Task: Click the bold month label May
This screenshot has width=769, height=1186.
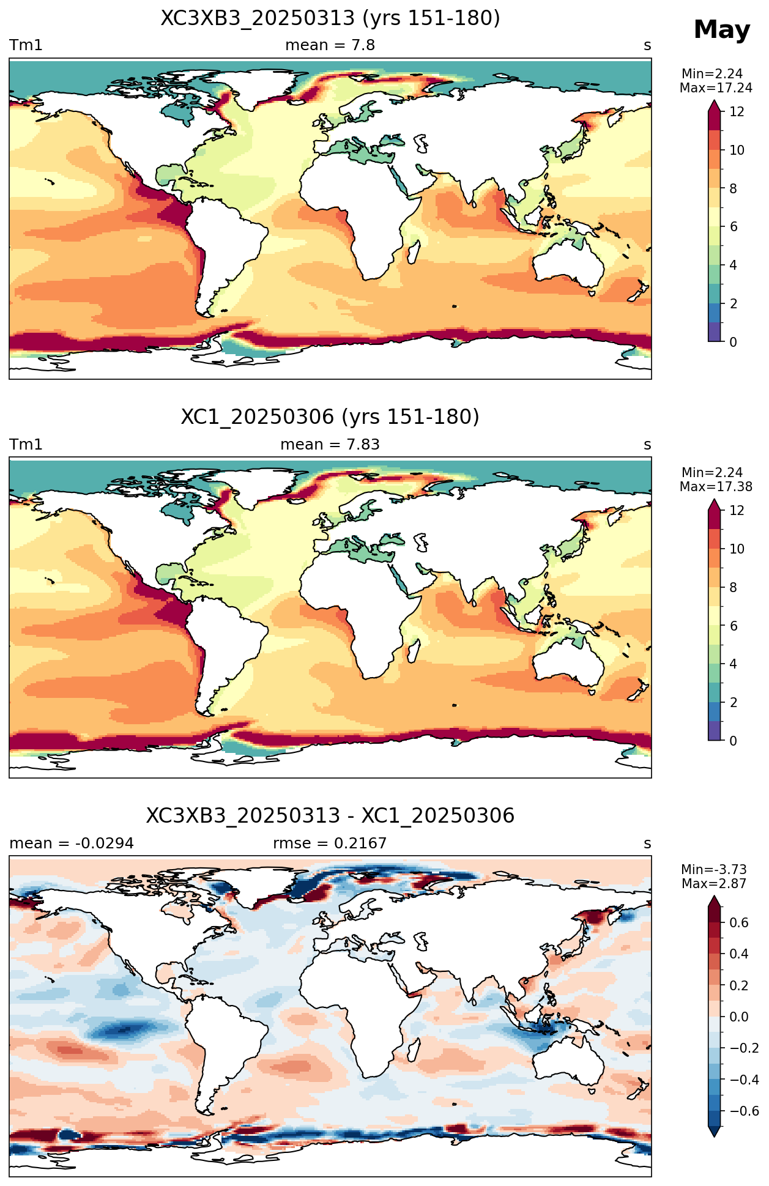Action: click(x=722, y=30)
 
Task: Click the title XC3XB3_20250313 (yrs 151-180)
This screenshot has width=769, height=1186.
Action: click(x=330, y=18)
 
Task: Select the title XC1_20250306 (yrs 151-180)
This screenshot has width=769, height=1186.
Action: click(x=330, y=417)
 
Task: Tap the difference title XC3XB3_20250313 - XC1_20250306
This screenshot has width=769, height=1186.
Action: click(x=330, y=816)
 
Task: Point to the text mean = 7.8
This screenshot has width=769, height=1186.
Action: click(x=330, y=45)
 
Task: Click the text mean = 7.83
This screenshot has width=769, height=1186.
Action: click(x=330, y=445)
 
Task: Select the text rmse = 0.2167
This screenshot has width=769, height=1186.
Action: click(x=330, y=843)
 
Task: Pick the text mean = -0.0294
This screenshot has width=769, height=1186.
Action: click(x=72, y=843)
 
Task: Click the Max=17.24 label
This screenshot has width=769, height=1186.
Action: click(x=716, y=88)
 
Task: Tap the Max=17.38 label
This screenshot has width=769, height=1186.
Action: click(x=716, y=487)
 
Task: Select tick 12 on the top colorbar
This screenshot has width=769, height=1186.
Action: click(x=737, y=112)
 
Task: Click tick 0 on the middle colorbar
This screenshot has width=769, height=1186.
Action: click(x=734, y=741)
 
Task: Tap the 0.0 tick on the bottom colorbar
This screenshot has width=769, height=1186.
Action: click(x=739, y=1017)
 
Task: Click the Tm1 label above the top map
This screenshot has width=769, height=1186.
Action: click(x=26, y=45)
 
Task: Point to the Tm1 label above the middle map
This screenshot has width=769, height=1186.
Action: click(x=26, y=445)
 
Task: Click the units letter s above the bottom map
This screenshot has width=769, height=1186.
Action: click(x=647, y=844)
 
